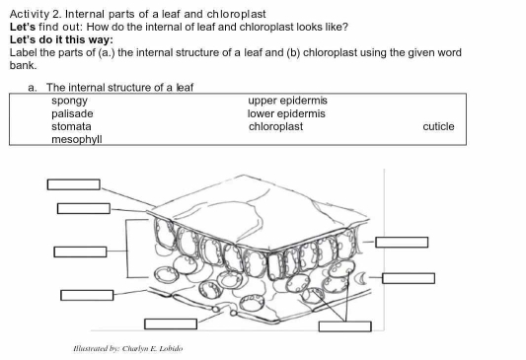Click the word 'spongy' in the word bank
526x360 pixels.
point(69,102)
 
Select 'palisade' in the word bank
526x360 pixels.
point(72,114)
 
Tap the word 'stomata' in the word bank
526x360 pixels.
point(71,127)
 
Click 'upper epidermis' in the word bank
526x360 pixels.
point(287,102)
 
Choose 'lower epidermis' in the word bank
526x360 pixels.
point(286,114)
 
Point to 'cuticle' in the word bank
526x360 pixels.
point(438,127)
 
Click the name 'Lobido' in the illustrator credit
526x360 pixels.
point(169,348)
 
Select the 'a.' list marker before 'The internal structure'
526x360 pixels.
point(33,88)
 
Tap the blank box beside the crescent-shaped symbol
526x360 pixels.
point(409,277)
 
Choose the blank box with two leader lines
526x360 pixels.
point(344,325)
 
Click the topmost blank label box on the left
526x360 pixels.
point(74,184)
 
